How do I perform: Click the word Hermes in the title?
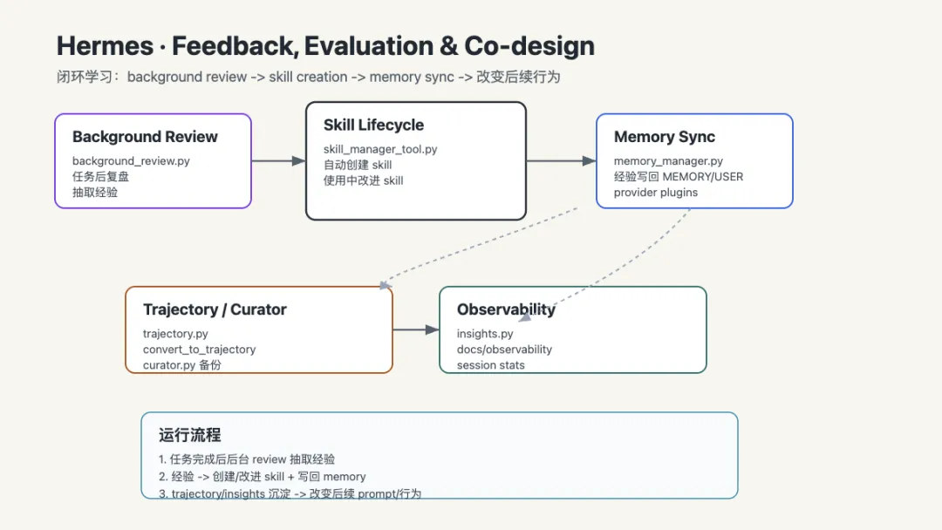pos(106,46)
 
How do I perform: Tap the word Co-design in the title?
pos(529,46)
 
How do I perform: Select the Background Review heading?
pos(145,137)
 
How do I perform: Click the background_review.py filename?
pos(131,161)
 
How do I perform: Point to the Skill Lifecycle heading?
pos(373,125)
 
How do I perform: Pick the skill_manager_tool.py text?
pos(380,149)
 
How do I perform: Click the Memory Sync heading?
pos(665,137)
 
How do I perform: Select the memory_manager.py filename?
pos(668,161)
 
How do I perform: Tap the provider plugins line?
pos(655,193)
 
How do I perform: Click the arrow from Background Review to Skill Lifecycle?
pos(278,161)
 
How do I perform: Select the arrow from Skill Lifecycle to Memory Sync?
pos(561,161)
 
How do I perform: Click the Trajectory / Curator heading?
pos(215,309)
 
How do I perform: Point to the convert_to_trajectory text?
pos(199,350)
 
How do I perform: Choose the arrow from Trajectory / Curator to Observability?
pos(416,330)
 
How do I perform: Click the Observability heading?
pos(506,309)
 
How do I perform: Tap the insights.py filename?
pos(485,334)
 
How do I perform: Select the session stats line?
pos(490,365)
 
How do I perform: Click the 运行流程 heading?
pos(190,435)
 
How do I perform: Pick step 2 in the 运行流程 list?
pos(262,477)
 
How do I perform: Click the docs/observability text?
pos(504,350)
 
